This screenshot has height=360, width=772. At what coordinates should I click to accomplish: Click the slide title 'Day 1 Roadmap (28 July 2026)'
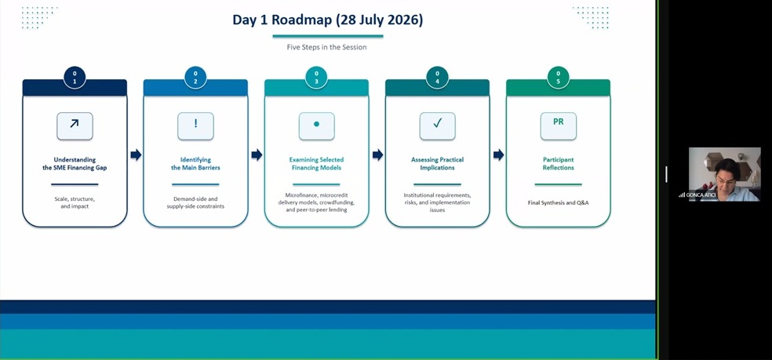pos(327,20)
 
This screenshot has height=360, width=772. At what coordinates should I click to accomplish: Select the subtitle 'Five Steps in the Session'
pos(327,47)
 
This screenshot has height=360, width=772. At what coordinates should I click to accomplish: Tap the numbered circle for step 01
pos(75,78)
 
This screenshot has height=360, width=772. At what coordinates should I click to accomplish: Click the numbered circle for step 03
pos(317,78)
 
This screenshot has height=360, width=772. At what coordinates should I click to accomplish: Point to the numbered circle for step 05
pos(559,78)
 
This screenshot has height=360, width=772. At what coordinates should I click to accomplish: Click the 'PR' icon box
pos(559,126)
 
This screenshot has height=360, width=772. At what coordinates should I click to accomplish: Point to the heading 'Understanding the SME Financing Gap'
pos(75,163)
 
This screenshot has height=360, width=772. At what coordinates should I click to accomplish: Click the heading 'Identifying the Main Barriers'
pos(195,163)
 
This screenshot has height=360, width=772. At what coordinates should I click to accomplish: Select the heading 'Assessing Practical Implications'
pos(437,163)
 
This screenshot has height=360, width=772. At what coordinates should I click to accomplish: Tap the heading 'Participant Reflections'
pos(559,163)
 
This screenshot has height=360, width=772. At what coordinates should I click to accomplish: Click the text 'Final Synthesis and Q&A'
pos(559,202)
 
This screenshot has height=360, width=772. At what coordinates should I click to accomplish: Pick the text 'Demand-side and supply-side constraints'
pos(195,202)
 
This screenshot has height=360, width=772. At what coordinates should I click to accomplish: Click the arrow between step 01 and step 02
pos(136,155)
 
